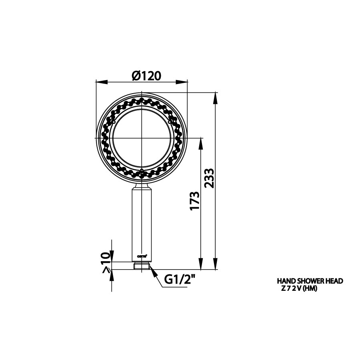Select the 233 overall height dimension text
click(x=210, y=178)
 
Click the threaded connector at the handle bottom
click(x=142, y=266)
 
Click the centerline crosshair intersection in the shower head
click(x=142, y=138)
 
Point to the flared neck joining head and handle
click(x=142, y=184)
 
